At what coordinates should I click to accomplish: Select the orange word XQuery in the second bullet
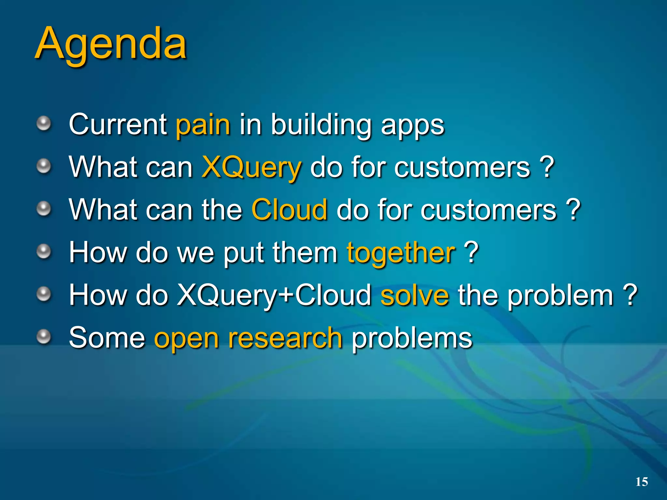tap(251, 168)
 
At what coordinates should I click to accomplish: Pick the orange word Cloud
tap(289, 210)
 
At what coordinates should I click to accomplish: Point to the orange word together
tap(401, 253)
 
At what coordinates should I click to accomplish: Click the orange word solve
tap(415, 296)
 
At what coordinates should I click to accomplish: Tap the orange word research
tap(285, 339)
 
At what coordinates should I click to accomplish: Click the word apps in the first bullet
tap(412, 126)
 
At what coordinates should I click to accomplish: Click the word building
tap(321, 125)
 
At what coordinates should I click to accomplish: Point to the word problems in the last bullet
tap(412, 339)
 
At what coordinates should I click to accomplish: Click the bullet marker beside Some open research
tap(43, 337)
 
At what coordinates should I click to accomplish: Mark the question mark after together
tap(471, 252)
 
